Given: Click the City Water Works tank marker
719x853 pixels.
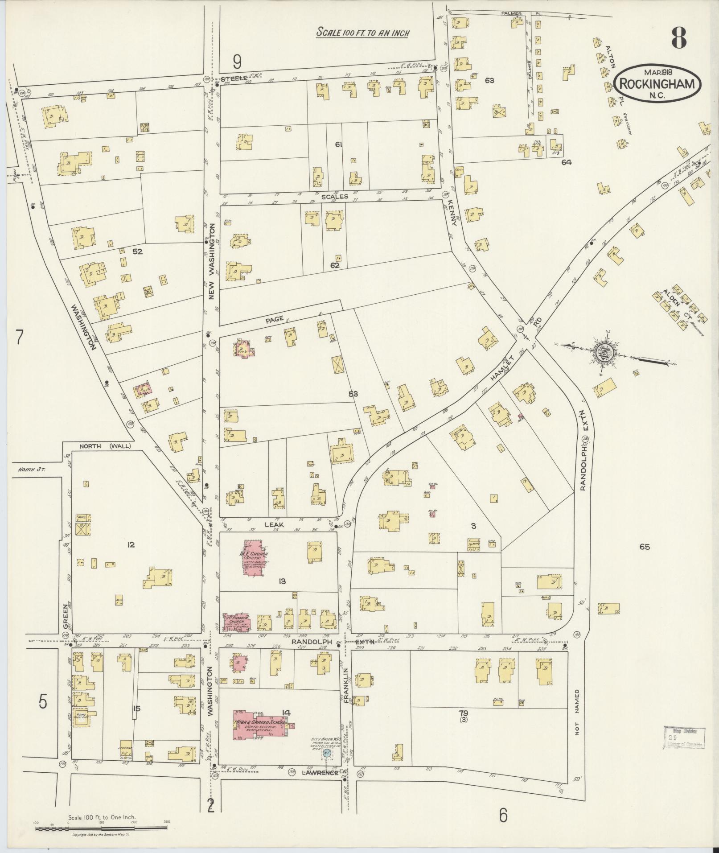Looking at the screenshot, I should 326,753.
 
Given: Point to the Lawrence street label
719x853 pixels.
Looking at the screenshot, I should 321,772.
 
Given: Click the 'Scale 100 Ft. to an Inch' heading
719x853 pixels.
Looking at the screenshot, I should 362,33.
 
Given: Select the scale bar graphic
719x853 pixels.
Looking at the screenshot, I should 101,828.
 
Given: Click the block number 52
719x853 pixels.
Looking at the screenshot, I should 137,251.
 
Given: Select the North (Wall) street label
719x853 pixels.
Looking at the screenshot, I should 105,446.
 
